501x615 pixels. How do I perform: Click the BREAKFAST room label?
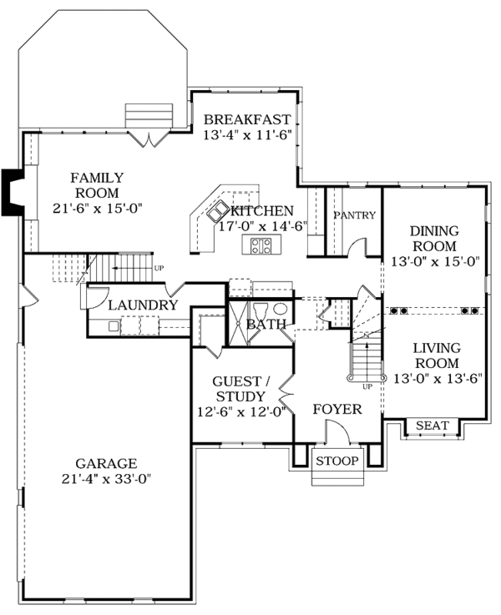click(x=247, y=119)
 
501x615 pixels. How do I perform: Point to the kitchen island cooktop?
click(x=260, y=245)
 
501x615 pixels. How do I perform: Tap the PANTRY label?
click(x=355, y=215)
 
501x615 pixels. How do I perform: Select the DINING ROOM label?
click(x=433, y=239)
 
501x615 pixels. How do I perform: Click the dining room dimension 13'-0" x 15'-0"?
click(x=433, y=262)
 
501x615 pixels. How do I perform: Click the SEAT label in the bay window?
click(x=432, y=426)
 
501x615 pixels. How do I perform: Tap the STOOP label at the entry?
click(x=337, y=461)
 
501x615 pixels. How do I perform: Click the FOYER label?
click(x=337, y=409)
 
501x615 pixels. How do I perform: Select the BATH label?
click(x=266, y=324)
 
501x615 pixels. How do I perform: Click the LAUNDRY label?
click(x=142, y=305)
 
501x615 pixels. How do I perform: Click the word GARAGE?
click(x=106, y=463)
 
